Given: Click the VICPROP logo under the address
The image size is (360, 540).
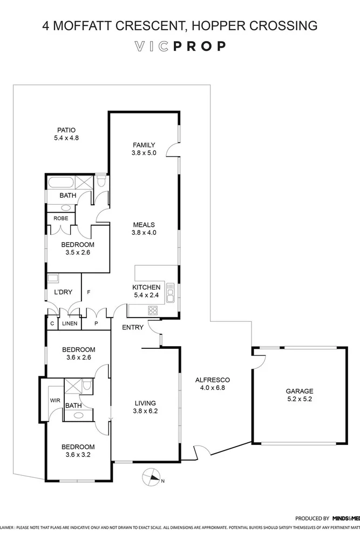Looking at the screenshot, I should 180,46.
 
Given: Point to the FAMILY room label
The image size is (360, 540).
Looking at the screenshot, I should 144,145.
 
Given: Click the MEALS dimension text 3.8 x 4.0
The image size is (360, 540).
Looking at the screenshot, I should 144,233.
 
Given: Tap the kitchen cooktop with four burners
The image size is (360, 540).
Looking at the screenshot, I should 153,310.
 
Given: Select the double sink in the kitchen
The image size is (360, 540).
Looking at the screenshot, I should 171,292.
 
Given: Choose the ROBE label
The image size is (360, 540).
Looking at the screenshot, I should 60,218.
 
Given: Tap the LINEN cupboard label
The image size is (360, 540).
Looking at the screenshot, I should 69,323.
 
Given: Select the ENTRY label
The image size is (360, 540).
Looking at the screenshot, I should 132,327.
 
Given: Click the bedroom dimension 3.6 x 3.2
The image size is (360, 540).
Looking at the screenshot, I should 78,455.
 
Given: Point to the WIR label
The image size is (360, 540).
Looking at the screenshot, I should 55,400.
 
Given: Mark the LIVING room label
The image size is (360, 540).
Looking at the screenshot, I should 145,403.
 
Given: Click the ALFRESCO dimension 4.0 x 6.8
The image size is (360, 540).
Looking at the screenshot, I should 213,388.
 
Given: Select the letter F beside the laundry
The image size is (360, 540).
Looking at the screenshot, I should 89,292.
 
